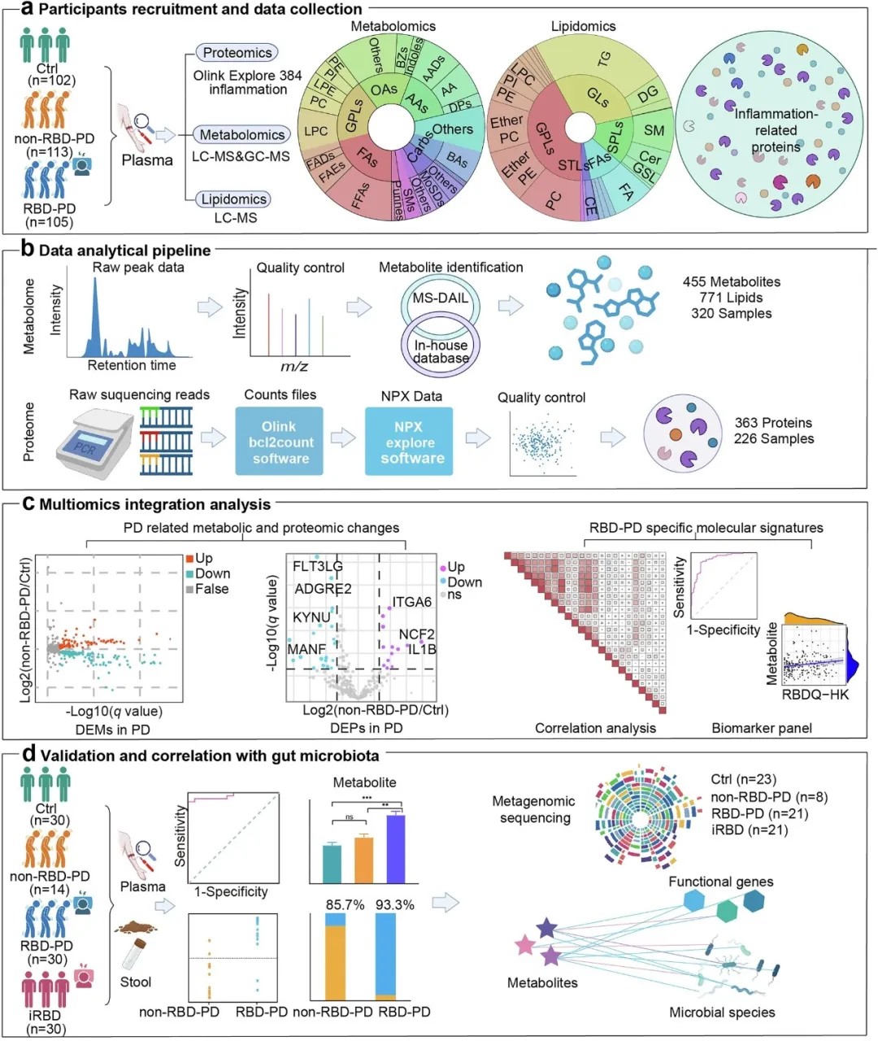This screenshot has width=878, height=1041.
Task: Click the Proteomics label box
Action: (x=237, y=53)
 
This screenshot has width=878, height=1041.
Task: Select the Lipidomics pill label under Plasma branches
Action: (x=234, y=199)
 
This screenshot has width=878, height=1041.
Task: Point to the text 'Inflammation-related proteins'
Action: (x=776, y=130)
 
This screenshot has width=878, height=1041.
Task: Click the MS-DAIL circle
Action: (x=440, y=298)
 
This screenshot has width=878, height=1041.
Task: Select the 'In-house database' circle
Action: (x=441, y=351)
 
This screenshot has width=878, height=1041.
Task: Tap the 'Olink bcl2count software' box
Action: (x=280, y=442)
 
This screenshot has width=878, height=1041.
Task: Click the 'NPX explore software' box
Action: (x=409, y=442)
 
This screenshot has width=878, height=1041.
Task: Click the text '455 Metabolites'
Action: (x=731, y=281)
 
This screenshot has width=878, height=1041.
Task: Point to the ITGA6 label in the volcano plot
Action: (x=411, y=602)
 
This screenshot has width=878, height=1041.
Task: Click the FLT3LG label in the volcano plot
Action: (x=317, y=566)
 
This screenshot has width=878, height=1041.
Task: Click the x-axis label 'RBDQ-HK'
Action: (x=815, y=695)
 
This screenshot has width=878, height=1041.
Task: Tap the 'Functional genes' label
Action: (x=720, y=882)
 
